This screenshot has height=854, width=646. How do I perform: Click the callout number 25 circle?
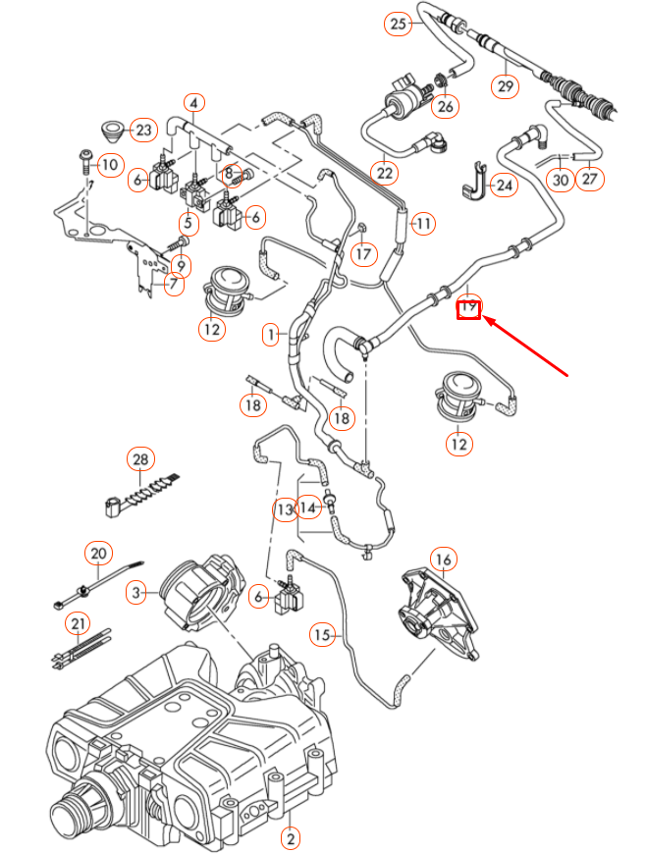click(398, 24)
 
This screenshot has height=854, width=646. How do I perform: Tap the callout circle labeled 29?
click(505, 86)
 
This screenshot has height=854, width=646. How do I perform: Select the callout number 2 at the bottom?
click(290, 837)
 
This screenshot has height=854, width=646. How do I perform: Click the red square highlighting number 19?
click(469, 310)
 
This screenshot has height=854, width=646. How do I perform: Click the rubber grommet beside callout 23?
click(113, 130)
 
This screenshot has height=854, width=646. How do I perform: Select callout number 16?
click(444, 560)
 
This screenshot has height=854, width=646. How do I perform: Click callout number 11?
click(422, 225)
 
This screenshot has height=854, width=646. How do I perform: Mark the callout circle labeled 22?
click(385, 174)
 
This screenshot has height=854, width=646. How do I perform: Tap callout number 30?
click(560, 180)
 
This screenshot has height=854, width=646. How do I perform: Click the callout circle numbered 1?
click(271, 335)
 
